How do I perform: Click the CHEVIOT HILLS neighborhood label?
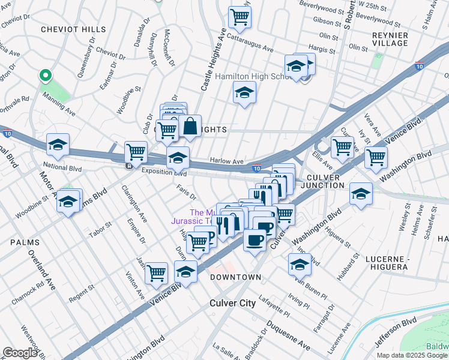(x=73, y=29)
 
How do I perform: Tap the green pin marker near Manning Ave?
(x=44, y=76)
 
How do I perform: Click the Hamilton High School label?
(x=252, y=77)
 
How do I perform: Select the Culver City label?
(x=232, y=303)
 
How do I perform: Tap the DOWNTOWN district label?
(x=236, y=277)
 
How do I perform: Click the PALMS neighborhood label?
(x=25, y=242)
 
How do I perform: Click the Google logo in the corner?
(x=20, y=352)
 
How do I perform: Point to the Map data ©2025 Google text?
(x=412, y=355)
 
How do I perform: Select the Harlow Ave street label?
(x=226, y=161)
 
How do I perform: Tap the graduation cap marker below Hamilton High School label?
(x=244, y=93)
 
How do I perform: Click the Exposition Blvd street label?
(x=164, y=172)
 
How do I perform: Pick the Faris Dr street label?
(x=187, y=194)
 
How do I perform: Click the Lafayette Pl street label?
(x=274, y=305)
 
